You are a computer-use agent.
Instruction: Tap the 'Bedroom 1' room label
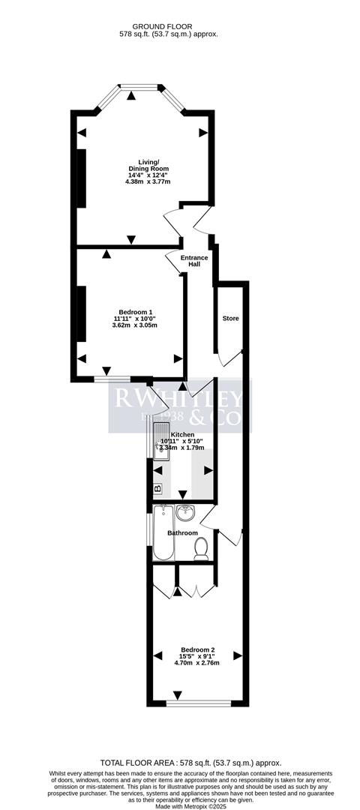pos(136,312)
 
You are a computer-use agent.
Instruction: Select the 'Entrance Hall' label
pos(194,260)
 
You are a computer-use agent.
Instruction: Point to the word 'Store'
pos(230,319)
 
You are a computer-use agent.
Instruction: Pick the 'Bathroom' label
pos(182,533)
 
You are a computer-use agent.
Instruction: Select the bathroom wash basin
pos(187,513)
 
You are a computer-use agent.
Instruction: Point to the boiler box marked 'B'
pos(157,490)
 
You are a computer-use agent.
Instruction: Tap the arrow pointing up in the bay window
pos(132,95)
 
